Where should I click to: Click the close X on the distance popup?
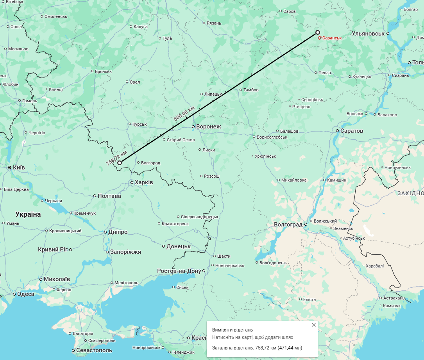313,325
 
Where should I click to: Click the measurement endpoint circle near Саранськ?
318,32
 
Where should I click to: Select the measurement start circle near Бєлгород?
120,163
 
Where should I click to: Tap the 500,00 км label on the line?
184,113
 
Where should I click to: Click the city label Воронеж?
208,127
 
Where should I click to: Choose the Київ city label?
19,168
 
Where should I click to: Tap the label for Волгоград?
288,225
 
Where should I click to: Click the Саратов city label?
352,131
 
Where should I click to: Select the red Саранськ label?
332,38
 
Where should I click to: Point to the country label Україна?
28,214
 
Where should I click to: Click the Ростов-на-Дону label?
179,271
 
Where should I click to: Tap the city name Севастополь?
94,351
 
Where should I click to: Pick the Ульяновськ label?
368,34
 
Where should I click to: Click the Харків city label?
144,182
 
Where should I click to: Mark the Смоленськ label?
56,16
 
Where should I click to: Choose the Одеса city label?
26,294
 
